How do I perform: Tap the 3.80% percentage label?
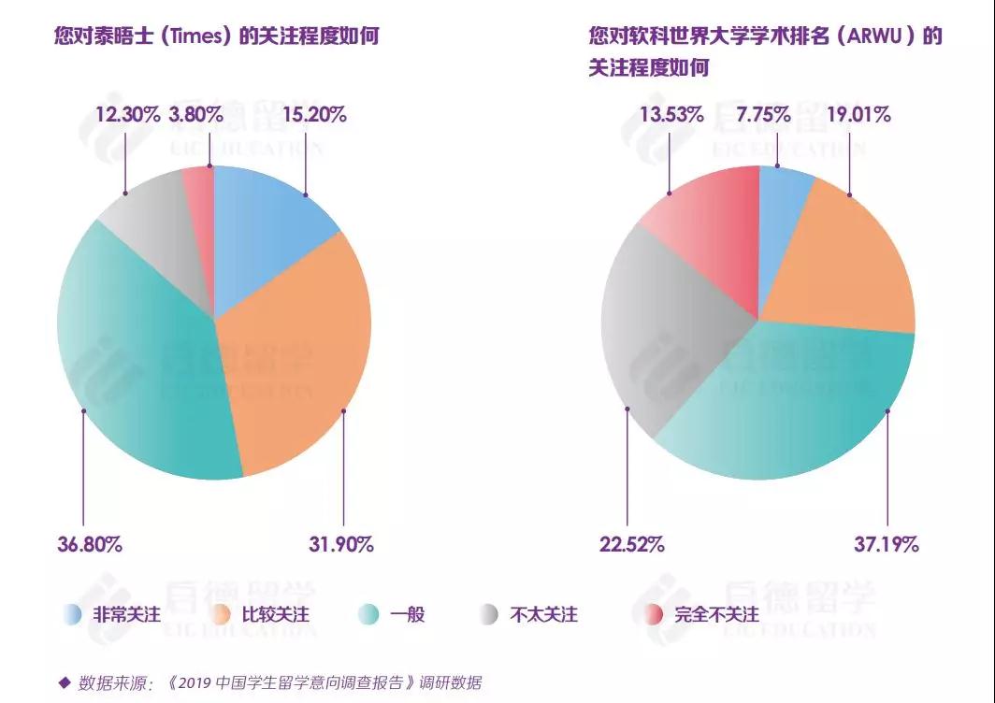point(195,115)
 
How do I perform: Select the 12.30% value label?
point(126,115)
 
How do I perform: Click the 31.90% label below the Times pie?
point(341,543)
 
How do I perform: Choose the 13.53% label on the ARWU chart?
point(671,115)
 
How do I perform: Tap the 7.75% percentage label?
point(763,115)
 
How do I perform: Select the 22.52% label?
point(632,543)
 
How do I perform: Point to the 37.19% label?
point(886,543)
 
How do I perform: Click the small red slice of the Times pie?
point(199,187)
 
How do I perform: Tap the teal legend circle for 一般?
point(369,614)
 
